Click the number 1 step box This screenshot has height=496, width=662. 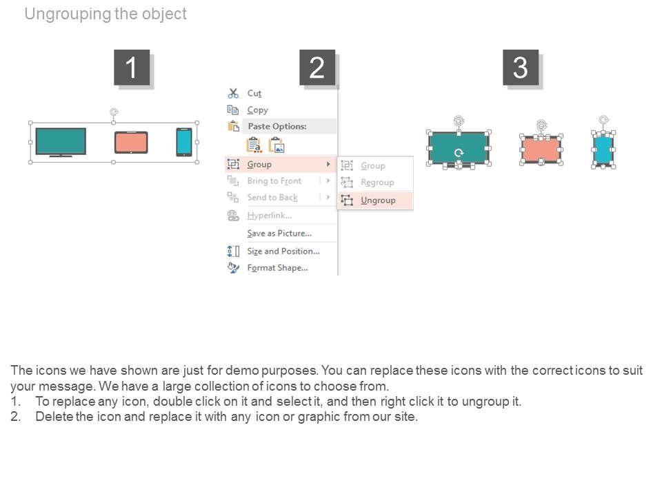pos(132,68)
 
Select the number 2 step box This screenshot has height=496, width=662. pos(317,68)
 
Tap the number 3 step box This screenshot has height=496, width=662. pos(521,68)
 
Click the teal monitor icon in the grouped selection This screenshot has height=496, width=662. pos(61,142)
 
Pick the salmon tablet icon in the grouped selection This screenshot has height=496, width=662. pos(131,143)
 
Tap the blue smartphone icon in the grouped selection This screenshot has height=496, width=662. pos(184,142)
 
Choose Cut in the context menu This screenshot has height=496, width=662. pos(254,93)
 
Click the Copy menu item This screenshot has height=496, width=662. pos(257,110)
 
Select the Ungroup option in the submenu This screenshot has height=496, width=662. pos(378,200)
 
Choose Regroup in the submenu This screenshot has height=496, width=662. pos(377,182)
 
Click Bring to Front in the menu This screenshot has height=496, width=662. pos(274,181)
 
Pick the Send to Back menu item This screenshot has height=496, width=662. pos(272,198)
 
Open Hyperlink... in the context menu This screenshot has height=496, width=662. pos(270,216)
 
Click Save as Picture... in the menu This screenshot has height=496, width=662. pos(279,234)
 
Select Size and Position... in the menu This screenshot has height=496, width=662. pos(283,251)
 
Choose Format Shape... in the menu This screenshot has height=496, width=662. pos(277,268)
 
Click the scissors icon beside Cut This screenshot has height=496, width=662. pos(233,93)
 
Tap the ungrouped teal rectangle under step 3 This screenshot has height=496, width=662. pos(459,149)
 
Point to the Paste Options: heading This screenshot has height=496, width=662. pos(277,127)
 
